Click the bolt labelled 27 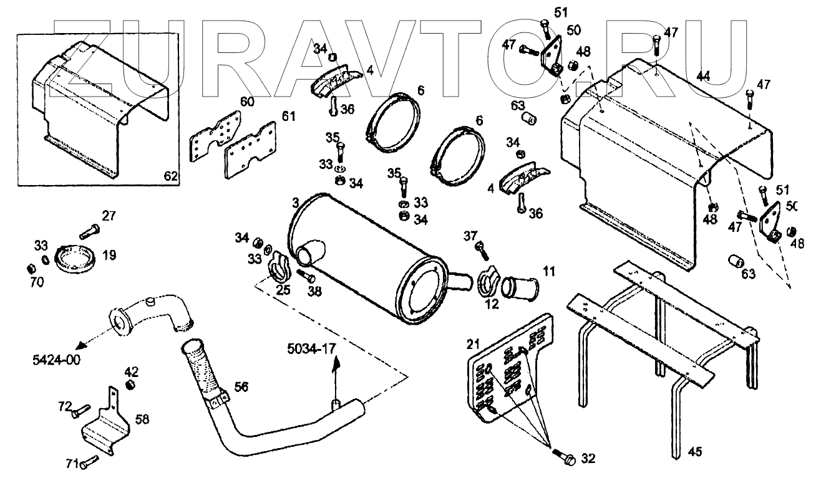coord(89,231)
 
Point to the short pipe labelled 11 coord(520,289)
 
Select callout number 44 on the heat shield coord(703,76)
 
